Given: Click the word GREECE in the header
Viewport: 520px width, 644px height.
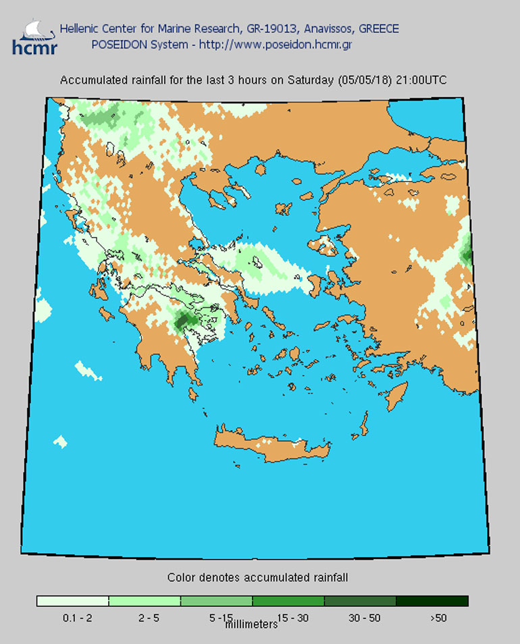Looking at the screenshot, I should coord(378,29).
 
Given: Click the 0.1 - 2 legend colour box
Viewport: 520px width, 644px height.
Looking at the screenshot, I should coord(72,601).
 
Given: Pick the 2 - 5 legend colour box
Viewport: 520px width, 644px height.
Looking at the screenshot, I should coord(144,601).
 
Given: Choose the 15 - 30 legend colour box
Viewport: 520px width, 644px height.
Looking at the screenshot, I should coord(288,601).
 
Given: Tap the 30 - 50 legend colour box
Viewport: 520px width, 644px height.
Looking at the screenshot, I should coord(360,601).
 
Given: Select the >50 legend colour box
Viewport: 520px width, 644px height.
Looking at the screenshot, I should coord(432,601).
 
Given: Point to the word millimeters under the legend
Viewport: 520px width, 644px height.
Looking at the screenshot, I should coord(251,624).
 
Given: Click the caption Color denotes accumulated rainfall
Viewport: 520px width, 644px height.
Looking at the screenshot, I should coord(257,578).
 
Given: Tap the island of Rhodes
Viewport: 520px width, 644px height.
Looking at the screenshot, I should coord(398,395).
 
